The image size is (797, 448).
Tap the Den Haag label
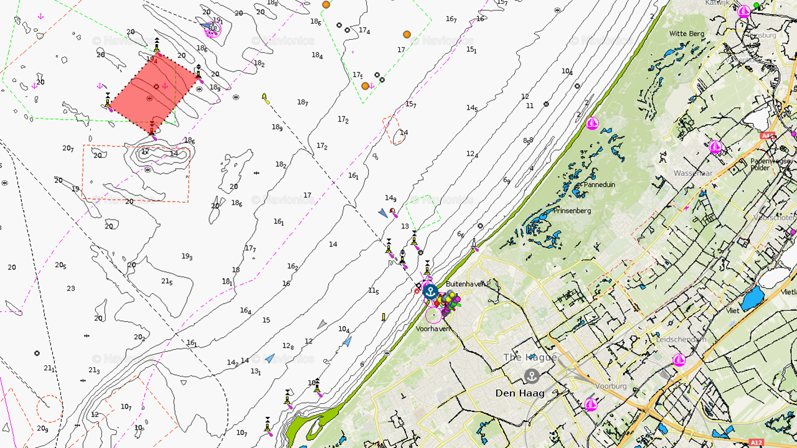coord(520,393)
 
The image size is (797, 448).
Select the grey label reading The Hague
coord(521,357)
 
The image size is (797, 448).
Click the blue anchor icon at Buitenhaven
coord(430,291)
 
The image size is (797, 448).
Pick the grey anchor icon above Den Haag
coord(531,376)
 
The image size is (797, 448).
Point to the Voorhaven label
coord(433,329)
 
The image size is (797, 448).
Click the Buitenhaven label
coord(465,284)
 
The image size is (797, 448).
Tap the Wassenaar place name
coord(693,173)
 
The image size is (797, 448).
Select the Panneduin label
coord(598,185)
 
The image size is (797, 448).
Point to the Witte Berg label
coord(686,34)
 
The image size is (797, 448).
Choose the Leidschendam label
coord(681,340)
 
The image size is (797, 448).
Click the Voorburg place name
coord(611,386)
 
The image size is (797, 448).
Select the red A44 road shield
coord(767,135)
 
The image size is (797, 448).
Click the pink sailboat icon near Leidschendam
coord(679,360)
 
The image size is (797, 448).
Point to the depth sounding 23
coord(71,289)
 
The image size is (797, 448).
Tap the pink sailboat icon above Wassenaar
coord(715,147)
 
